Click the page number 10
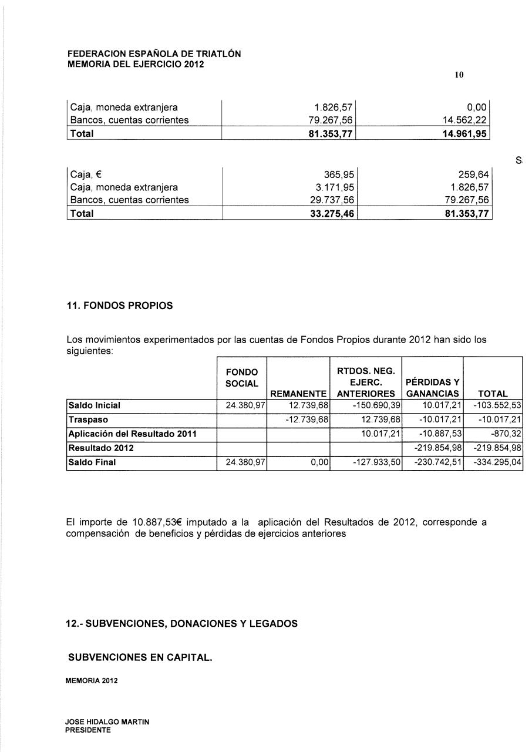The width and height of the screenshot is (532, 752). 459,75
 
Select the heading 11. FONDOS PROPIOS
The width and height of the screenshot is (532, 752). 119,305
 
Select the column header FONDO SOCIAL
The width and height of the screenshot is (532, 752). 242,378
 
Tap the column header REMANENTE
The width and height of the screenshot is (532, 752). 298,394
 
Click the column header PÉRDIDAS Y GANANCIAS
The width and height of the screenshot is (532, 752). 432,388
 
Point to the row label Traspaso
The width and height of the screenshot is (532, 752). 89,420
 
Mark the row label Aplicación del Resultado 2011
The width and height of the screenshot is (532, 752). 133,434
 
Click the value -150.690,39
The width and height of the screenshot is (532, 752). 372,406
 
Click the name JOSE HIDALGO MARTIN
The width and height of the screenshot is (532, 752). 107,722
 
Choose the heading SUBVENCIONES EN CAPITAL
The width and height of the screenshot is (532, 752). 140,658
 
